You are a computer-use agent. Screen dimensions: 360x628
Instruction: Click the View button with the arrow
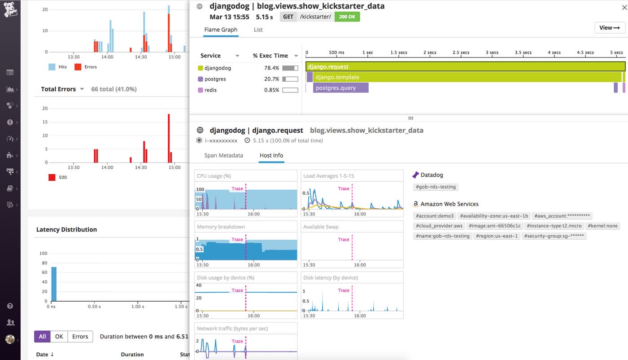pos(610,28)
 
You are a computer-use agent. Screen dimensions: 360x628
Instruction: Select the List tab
pos(258,30)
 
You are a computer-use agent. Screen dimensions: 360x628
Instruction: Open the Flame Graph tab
pos(221,30)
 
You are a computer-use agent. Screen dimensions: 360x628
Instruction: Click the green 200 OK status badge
pos(347,17)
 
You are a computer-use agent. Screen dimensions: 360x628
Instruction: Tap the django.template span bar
pos(467,77)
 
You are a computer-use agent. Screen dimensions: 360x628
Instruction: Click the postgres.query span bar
pos(340,88)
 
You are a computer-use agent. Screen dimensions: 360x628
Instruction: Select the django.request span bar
pos(465,66)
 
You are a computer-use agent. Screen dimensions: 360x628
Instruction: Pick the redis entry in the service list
pos(210,90)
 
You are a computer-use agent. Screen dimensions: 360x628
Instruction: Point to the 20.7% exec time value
pos(271,79)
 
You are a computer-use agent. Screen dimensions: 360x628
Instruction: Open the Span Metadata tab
pos(223,155)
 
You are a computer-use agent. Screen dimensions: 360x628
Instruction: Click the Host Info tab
pos(271,155)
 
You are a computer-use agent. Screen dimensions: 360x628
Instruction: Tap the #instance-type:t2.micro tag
pos(554,226)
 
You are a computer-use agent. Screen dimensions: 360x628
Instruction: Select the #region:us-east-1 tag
pos(497,236)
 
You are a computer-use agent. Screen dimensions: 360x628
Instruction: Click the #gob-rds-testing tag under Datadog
pos(436,187)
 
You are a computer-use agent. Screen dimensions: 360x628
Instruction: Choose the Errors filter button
pos(80,337)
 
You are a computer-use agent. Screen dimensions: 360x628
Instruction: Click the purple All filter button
pos(42,337)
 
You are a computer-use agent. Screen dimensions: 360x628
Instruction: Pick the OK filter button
pos(59,337)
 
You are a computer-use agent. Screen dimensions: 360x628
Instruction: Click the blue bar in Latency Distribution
pos(54,284)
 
